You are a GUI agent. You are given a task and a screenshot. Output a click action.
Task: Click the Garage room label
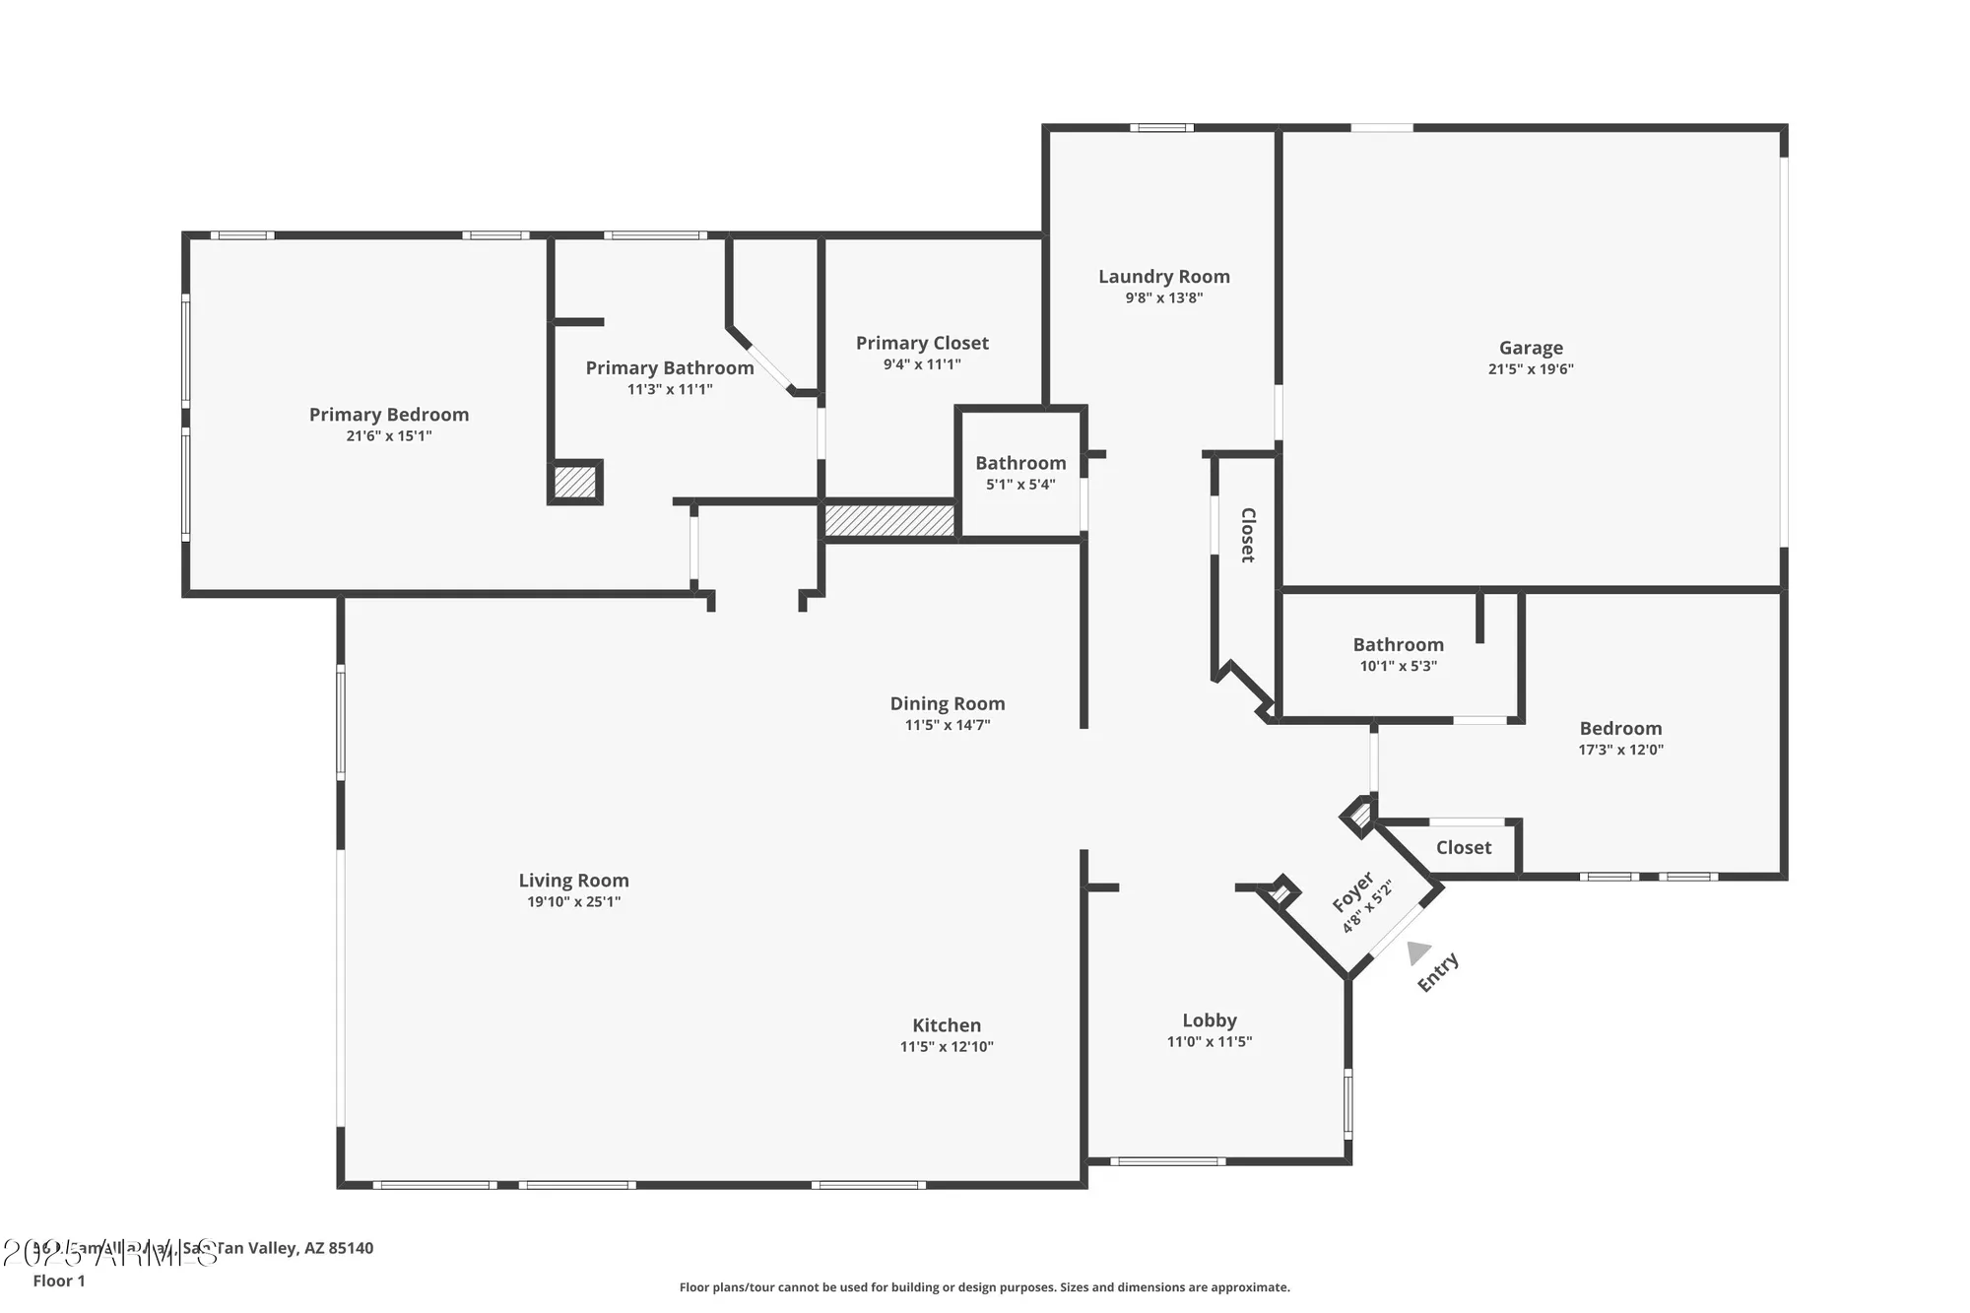click(x=1531, y=348)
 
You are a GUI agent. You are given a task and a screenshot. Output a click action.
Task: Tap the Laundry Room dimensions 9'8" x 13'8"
click(x=1163, y=297)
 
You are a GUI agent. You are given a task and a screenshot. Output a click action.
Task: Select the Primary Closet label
click(x=922, y=343)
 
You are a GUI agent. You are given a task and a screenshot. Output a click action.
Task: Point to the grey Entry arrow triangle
click(x=1417, y=952)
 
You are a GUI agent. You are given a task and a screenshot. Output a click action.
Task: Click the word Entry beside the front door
click(x=1438, y=972)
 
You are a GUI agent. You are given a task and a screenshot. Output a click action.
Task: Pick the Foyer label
click(x=1353, y=891)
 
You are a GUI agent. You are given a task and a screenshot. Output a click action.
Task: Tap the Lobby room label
click(x=1209, y=1020)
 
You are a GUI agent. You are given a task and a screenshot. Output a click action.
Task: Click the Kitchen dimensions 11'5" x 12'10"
click(x=946, y=1046)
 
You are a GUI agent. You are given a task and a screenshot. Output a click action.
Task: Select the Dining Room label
click(x=948, y=703)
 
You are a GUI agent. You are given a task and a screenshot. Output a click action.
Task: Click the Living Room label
click(x=573, y=881)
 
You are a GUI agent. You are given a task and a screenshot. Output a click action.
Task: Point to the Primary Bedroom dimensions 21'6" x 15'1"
click(x=388, y=435)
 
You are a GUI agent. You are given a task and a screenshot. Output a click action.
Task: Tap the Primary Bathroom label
click(x=670, y=367)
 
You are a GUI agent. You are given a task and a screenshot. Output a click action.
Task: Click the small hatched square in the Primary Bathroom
click(x=574, y=483)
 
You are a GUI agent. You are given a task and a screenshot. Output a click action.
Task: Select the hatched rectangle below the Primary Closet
click(x=889, y=521)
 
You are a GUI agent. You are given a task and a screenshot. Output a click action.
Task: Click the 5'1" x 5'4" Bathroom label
click(x=1020, y=463)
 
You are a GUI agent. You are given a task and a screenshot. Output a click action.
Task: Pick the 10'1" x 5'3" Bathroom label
click(x=1398, y=644)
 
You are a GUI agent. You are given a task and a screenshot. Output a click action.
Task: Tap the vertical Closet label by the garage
click(x=1248, y=535)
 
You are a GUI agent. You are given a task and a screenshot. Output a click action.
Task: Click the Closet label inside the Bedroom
click(x=1463, y=847)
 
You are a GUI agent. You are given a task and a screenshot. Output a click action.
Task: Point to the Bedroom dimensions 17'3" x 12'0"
click(x=1620, y=750)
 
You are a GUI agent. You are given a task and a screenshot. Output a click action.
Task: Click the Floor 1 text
click(x=59, y=1280)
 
